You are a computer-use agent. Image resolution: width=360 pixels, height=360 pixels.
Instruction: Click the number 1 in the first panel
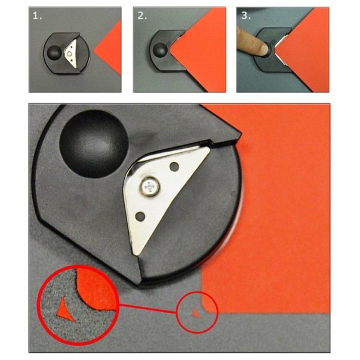tap(37, 16)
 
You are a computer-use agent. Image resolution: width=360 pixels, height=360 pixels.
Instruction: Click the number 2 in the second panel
tap(142, 16)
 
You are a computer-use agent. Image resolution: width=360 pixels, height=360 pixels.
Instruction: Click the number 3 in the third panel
tap(246, 16)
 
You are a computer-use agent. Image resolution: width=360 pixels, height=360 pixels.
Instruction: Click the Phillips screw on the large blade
tap(150, 186)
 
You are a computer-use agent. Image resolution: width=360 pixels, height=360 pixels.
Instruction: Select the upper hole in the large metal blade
tap(174, 166)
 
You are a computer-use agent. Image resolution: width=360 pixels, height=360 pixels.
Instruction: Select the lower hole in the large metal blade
tap(140, 216)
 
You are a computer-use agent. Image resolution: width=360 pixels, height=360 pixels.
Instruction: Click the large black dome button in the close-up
tap(94, 143)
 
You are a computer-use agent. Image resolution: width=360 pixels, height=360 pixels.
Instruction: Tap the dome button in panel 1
tap(54, 52)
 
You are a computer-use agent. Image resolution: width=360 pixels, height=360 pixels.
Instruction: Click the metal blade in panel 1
tap(71, 53)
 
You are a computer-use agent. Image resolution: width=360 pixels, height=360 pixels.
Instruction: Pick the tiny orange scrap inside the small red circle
tap(196, 313)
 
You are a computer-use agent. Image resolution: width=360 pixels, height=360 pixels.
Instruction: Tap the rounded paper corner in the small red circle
tap(204, 307)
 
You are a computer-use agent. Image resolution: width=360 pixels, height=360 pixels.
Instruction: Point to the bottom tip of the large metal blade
tap(136, 254)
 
